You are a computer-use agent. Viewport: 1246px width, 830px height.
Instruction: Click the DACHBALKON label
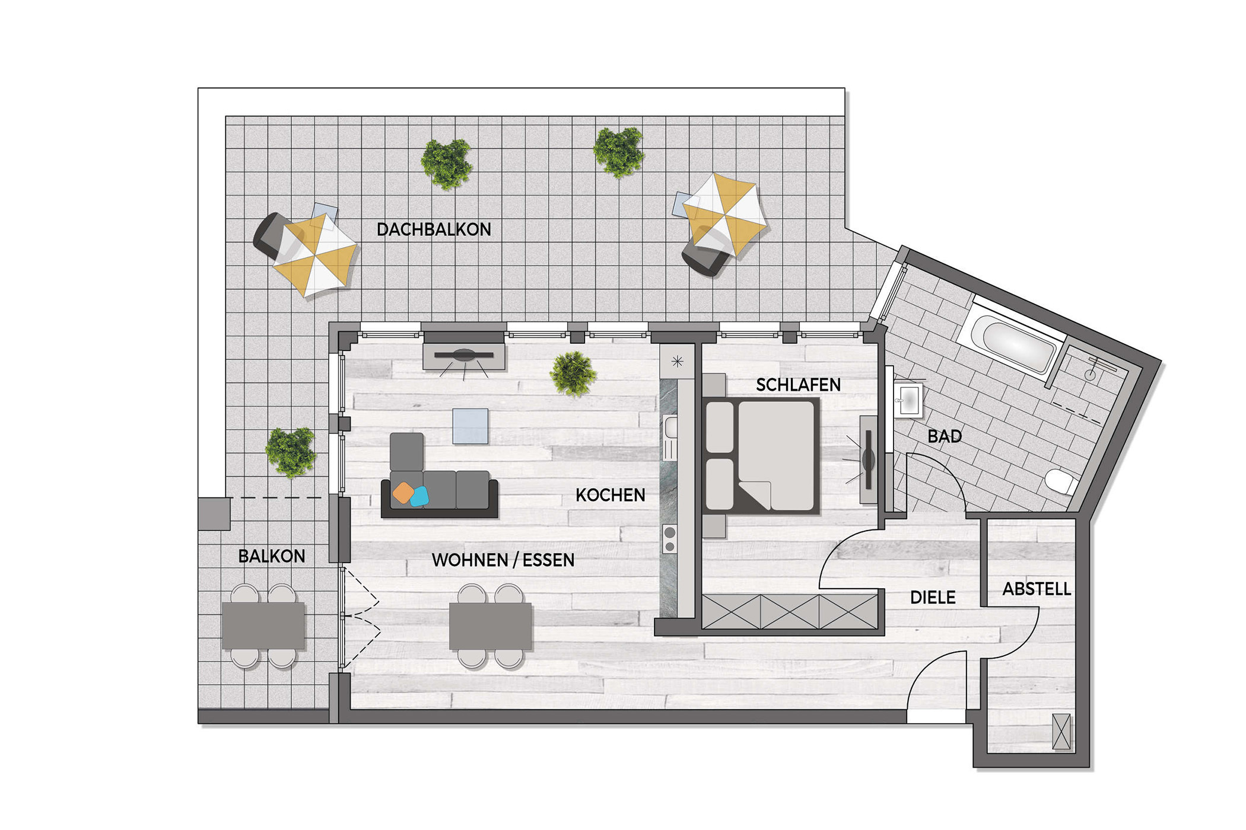(x=434, y=229)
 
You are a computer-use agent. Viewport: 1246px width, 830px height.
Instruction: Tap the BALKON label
(x=272, y=556)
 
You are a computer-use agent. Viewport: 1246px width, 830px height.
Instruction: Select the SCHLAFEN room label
(x=798, y=385)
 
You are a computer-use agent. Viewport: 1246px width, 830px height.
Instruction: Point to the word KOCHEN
(x=610, y=495)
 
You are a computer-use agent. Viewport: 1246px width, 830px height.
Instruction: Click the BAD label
(x=945, y=437)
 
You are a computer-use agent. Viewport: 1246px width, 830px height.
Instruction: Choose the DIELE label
(x=933, y=598)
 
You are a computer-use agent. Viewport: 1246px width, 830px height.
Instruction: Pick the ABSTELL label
(x=1037, y=589)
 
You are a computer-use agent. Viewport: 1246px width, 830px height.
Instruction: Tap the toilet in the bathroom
(x=1061, y=481)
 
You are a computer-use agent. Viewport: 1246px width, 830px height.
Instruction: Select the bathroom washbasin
(x=908, y=400)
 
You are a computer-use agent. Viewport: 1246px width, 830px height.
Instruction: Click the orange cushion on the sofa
(x=403, y=493)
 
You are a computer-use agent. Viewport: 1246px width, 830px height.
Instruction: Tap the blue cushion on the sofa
(x=419, y=497)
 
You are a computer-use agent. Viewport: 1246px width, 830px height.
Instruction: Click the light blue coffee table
(x=471, y=426)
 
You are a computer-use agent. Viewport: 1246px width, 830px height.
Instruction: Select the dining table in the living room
(x=490, y=626)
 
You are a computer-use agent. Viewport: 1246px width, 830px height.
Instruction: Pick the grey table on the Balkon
(x=263, y=626)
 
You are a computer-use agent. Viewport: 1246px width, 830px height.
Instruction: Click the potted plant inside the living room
(x=573, y=373)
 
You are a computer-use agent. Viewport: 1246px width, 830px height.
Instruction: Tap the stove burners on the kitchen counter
(x=670, y=538)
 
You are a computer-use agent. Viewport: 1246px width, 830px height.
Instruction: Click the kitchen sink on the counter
(x=670, y=438)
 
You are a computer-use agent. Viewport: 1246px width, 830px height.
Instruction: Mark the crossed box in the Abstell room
(x=1061, y=732)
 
